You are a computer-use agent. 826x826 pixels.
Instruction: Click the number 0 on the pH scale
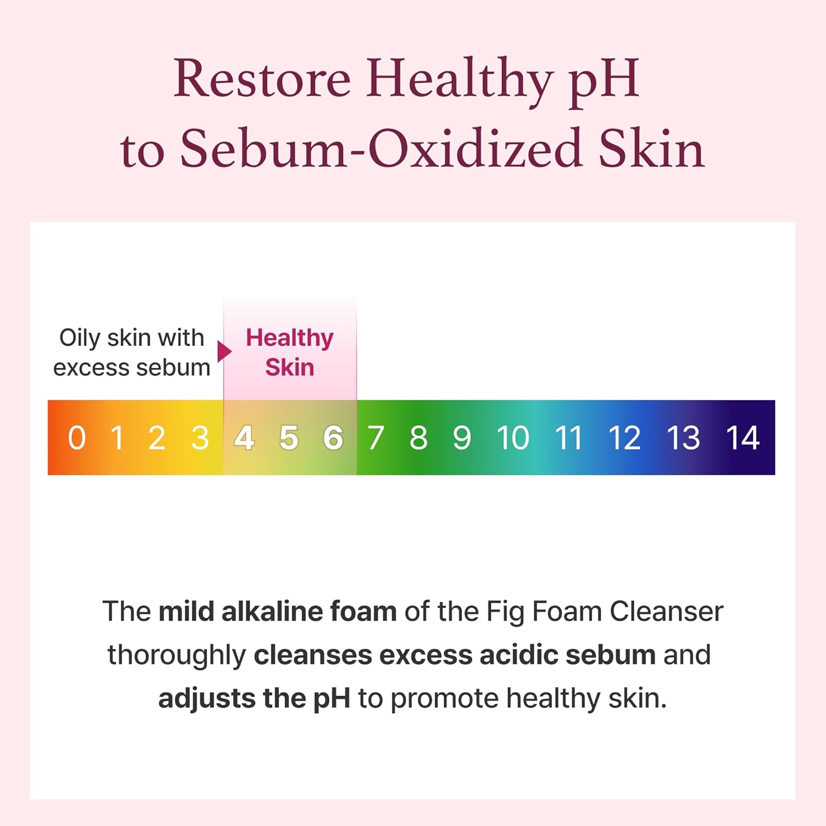pos(77,438)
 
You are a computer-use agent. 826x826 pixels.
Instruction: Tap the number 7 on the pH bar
pos(376,438)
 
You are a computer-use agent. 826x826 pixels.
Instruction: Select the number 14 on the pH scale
pos(742,438)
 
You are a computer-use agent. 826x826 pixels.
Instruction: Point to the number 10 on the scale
pos(513,438)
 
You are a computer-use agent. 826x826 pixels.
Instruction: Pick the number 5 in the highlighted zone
pos(289,438)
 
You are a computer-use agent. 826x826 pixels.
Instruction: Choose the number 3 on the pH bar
pos(200,438)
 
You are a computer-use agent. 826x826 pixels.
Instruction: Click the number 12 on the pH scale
pos(624,438)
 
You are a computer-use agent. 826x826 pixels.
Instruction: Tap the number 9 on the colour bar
pos(462,438)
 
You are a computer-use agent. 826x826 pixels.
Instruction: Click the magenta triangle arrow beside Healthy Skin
pos(224,352)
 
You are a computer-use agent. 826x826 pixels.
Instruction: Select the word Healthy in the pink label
pos(290,338)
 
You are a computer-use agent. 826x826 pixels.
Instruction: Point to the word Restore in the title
pos(262,79)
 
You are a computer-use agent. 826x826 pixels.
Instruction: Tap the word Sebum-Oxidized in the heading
pos(381,149)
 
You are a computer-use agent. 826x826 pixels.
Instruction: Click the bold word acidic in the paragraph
pos(519,655)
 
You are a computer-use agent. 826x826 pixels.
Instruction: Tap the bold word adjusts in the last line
pos(206,698)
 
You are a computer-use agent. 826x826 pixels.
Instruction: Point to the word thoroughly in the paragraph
pos(176,655)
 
